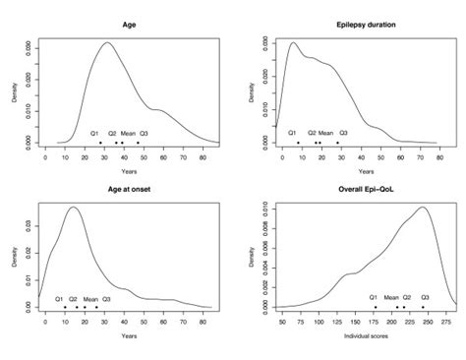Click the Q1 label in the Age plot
pos(95,133)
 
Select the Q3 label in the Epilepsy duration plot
pos(343,133)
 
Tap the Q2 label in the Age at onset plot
pos(74,297)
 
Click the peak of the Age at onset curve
pos(73,207)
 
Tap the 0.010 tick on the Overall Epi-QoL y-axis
pos(262,210)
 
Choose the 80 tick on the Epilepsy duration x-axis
pos(438,157)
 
